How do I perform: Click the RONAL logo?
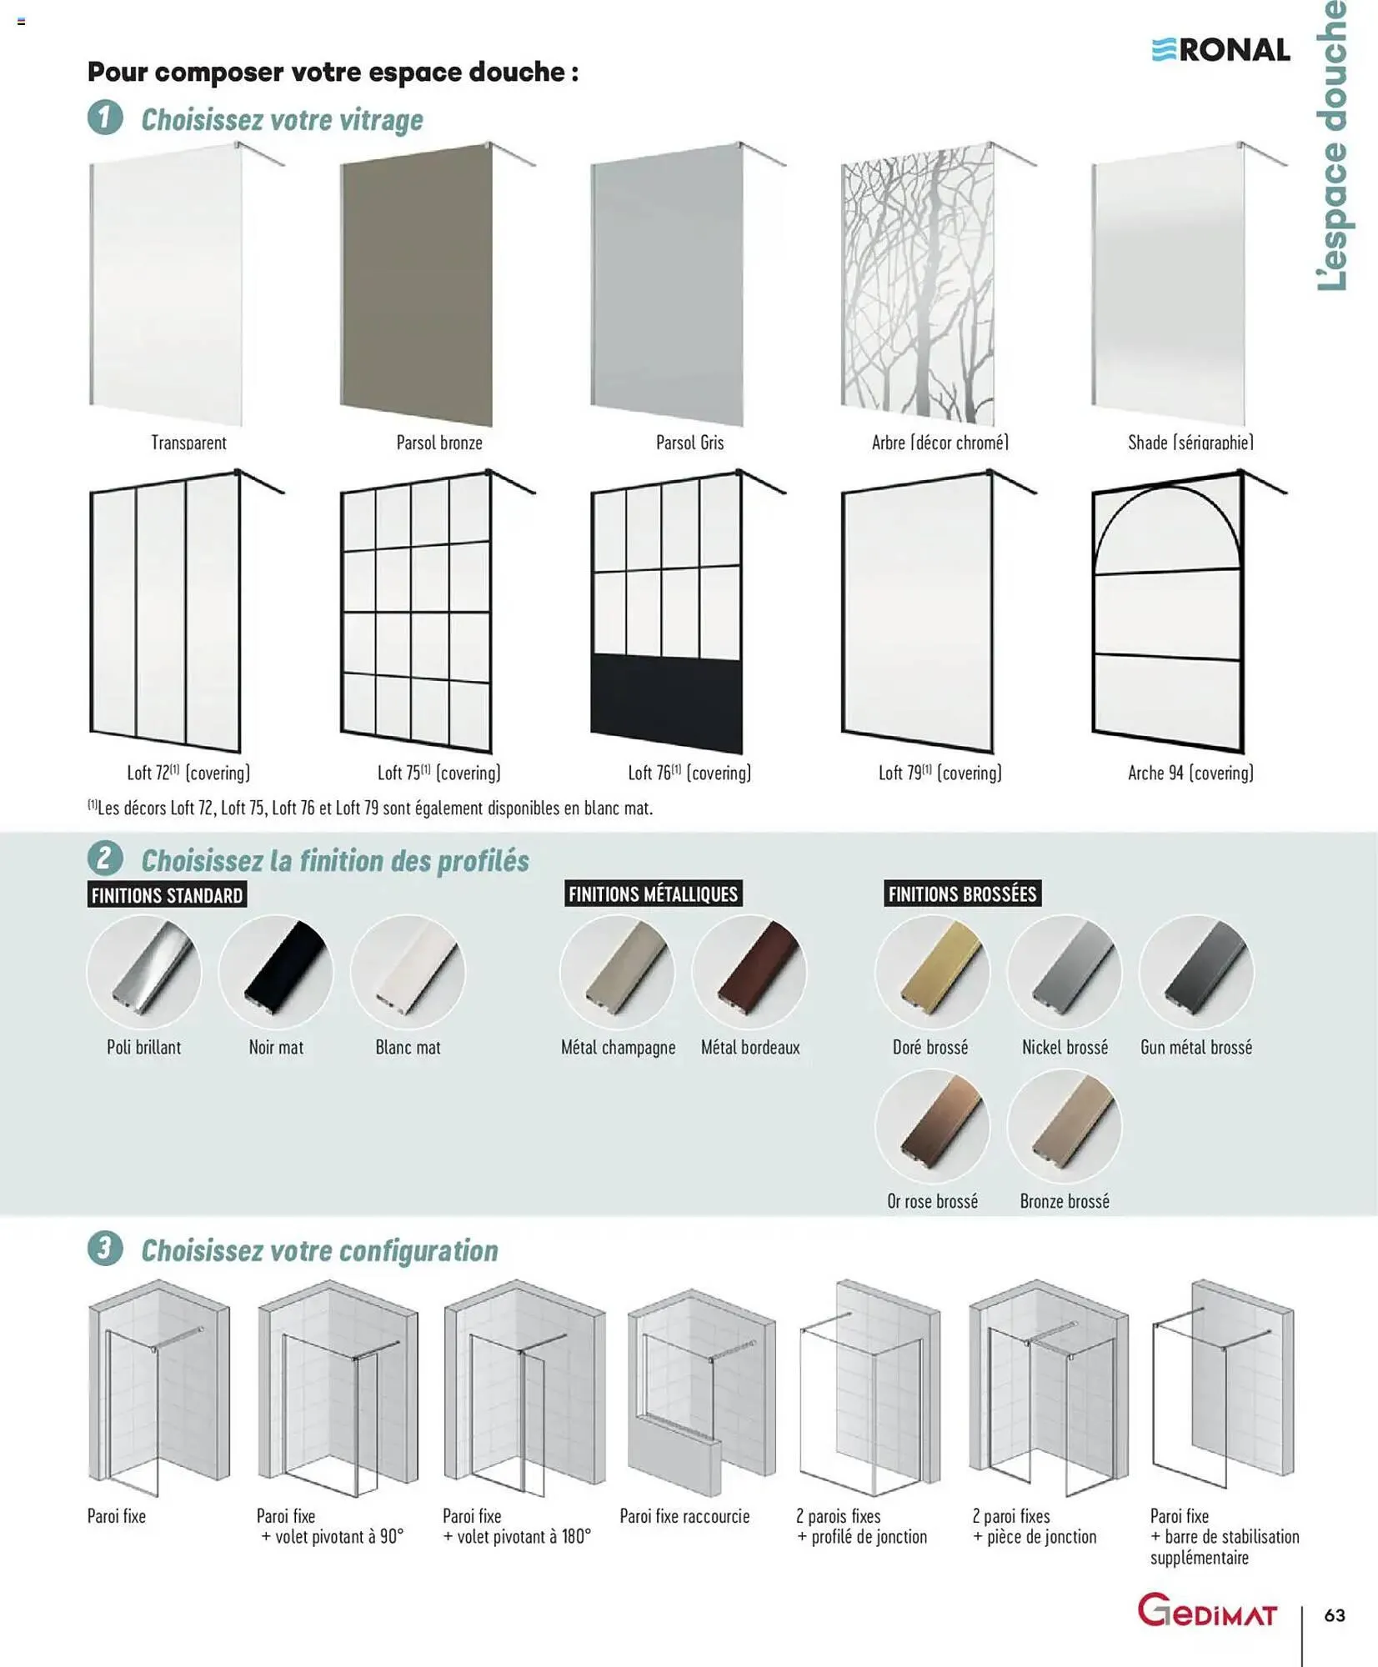1221,50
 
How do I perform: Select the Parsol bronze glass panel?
417,283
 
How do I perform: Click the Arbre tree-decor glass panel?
918,283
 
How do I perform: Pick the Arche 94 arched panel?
1168,613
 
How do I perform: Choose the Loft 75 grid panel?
416,613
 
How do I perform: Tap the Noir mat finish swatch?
276,972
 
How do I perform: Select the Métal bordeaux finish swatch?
749,972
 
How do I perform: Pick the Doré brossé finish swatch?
932,972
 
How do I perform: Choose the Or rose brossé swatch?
932,1126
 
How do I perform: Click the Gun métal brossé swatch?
1196,972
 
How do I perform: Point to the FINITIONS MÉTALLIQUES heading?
653,894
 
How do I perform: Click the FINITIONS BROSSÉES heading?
962,894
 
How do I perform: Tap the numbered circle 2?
105,859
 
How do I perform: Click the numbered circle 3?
105,1249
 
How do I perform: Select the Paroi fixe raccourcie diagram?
700,1392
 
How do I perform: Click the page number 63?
1335,1615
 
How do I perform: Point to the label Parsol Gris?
689,443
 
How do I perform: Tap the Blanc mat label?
408,1048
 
